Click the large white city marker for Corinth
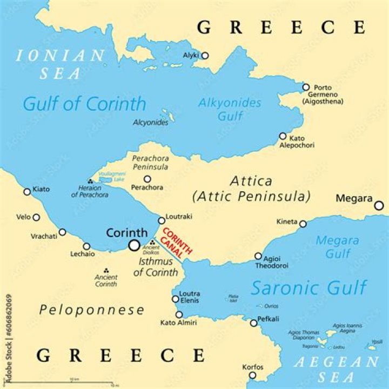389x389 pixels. pyautogui.click(x=134, y=245)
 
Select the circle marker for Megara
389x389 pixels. pyautogui.click(x=379, y=205)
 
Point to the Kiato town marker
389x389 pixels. pyautogui.click(x=28, y=192)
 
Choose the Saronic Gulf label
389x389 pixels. pyautogui.click(x=308, y=287)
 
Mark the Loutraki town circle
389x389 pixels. pyautogui.click(x=161, y=220)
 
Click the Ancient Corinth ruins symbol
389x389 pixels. pyautogui.click(x=106, y=270)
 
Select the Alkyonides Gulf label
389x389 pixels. pyautogui.click(x=230, y=109)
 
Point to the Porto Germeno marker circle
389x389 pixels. pyautogui.click(x=306, y=87)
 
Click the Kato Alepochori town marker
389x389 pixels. pyautogui.click(x=283, y=136)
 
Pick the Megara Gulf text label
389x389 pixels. pyautogui.click(x=337, y=246)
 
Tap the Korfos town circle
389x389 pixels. pyautogui.click(x=252, y=375)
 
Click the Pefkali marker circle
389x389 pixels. pyautogui.click(x=253, y=323)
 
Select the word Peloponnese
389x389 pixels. pyautogui.click(x=92, y=310)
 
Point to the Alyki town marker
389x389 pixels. pyautogui.click(x=205, y=56)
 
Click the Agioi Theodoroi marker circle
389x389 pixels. pyautogui.click(x=258, y=257)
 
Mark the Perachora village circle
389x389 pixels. pyautogui.click(x=147, y=179)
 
